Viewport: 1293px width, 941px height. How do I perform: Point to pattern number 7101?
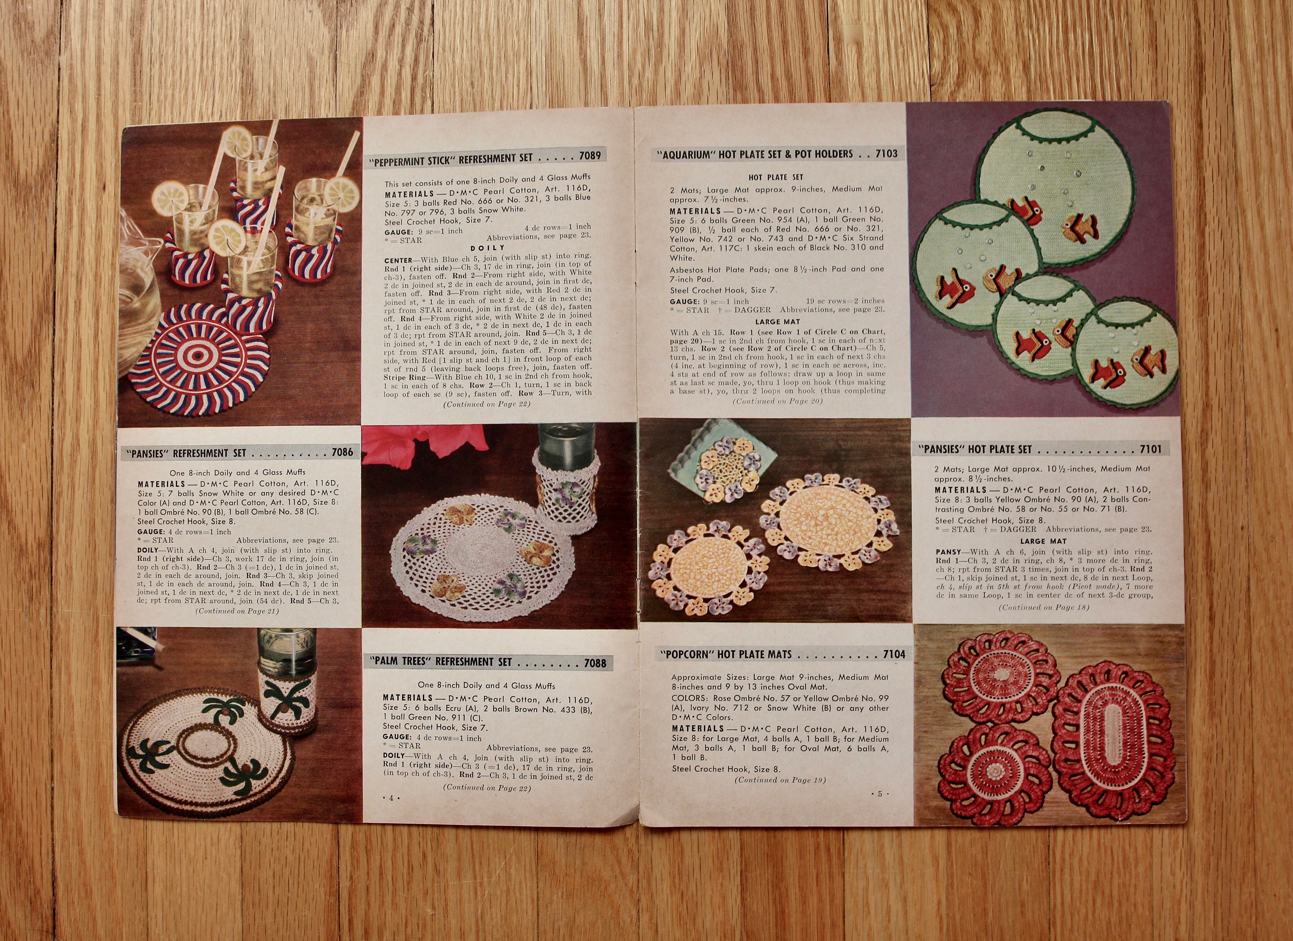click(x=1150, y=449)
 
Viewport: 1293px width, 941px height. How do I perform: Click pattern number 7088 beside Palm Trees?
click(x=595, y=663)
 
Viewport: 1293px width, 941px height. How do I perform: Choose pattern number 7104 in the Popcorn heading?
click(x=894, y=654)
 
